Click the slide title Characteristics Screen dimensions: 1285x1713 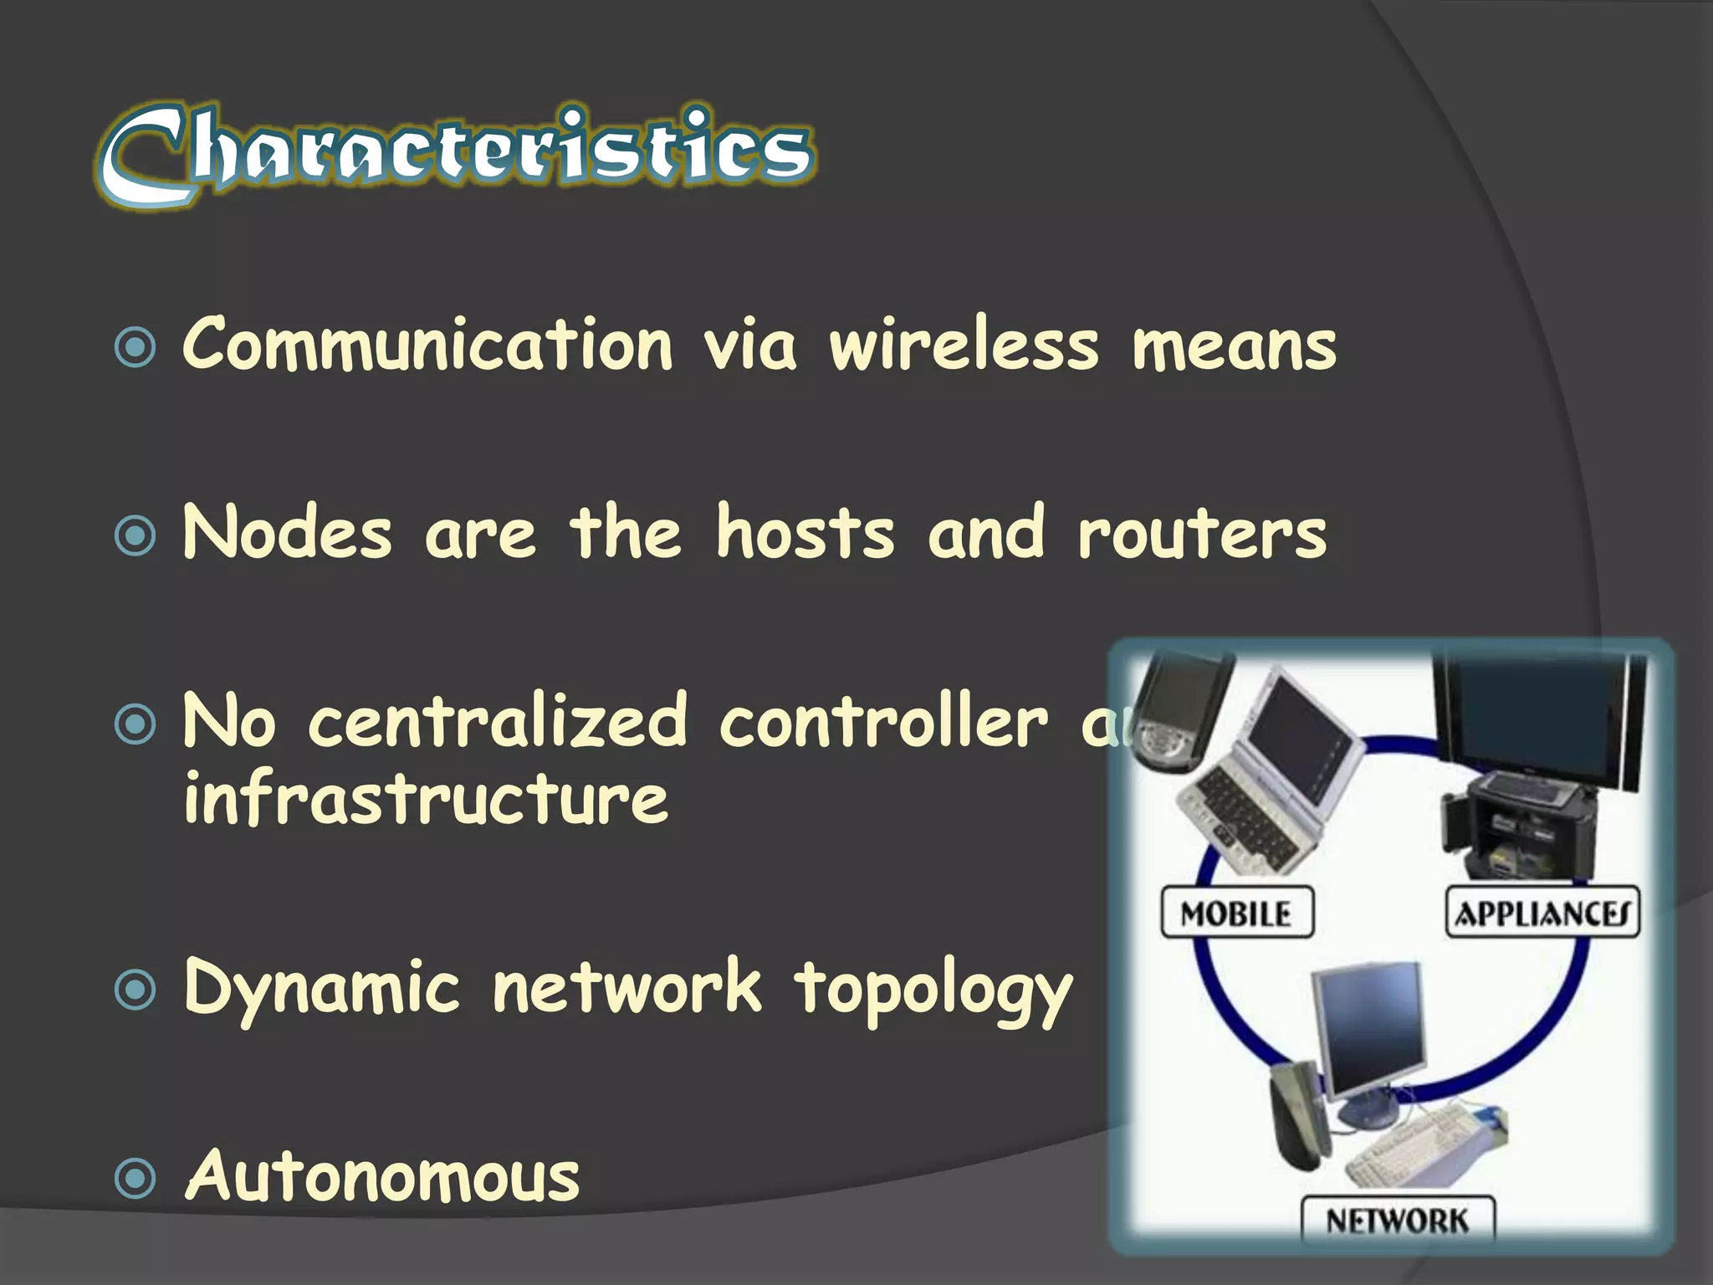pyautogui.click(x=456, y=155)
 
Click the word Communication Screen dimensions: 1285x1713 pyautogui.click(x=427, y=345)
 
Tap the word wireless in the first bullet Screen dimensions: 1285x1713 pyautogui.click(x=964, y=345)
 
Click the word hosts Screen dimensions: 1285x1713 pyautogui.click(x=805, y=533)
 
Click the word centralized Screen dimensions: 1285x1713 pyautogui.click(x=499, y=721)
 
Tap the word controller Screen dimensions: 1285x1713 pyautogui.click(x=882, y=721)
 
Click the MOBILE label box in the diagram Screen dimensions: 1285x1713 pyautogui.click(x=1236, y=913)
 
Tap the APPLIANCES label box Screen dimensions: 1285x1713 pyautogui.click(x=1542, y=913)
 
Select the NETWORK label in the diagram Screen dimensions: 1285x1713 pyautogui.click(x=1397, y=1221)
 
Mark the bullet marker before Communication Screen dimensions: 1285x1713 pyautogui.click(x=135, y=347)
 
